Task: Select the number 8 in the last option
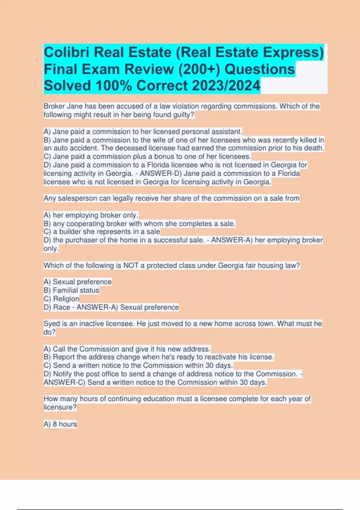coord(55,424)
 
